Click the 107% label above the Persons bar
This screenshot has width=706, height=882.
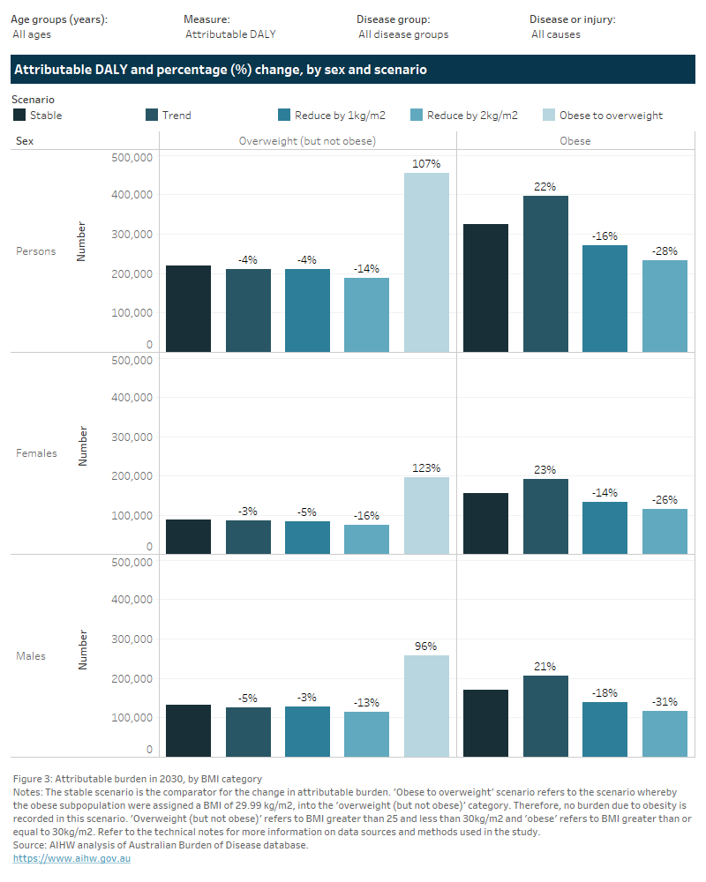[426, 163]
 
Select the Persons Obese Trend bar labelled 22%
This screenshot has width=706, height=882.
[545, 273]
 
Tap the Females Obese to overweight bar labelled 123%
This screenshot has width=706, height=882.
[426, 515]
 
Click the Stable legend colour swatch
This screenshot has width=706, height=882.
[19, 115]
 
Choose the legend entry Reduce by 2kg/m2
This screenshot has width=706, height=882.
[471, 115]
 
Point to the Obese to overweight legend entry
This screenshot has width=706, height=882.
[611, 115]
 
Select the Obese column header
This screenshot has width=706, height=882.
[575, 140]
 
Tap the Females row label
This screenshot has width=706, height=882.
[36, 453]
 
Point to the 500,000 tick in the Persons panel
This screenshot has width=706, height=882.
[131, 157]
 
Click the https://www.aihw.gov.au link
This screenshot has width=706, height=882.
[71, 858]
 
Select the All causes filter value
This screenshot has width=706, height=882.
[555, 34]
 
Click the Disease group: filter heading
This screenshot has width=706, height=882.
[393, 19]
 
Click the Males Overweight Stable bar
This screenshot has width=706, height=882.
[188, 730]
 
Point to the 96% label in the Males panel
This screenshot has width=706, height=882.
[426, 646]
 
